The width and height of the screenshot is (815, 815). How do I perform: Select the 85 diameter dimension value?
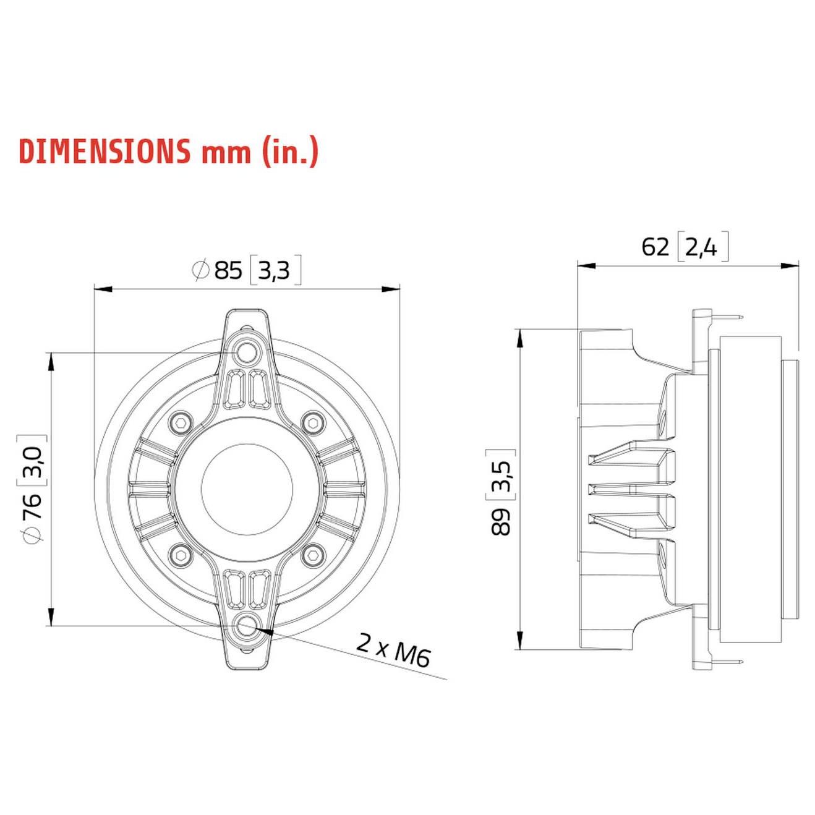pyautogui.click(x=228, y=270)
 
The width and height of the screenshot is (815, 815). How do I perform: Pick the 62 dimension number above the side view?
pyautogui.click(x=655, y=247)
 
